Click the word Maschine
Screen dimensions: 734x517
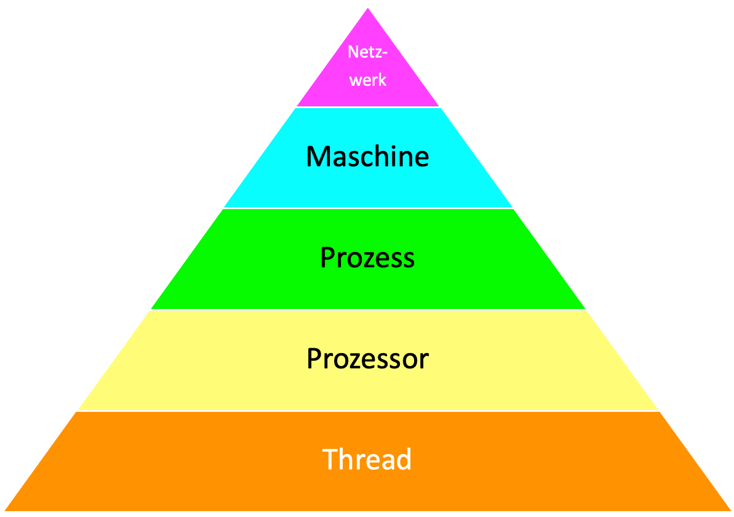368,157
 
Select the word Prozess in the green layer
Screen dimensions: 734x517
368,257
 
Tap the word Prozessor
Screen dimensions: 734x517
368,358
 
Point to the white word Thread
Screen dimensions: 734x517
367,459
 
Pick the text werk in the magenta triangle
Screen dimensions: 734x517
368,79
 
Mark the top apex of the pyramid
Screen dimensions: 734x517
368,9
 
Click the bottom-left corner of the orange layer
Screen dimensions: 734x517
6,509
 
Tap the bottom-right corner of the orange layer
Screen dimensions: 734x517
730,509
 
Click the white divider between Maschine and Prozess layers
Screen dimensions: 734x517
368,209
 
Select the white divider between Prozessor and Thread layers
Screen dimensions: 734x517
368,411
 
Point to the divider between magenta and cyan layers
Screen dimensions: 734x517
368,108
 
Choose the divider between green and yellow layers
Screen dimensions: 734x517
368,310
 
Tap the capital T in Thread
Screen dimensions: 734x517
330,459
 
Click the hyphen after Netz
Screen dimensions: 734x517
385,53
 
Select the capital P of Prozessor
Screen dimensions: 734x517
314,358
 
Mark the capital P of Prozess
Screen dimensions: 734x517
327,257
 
